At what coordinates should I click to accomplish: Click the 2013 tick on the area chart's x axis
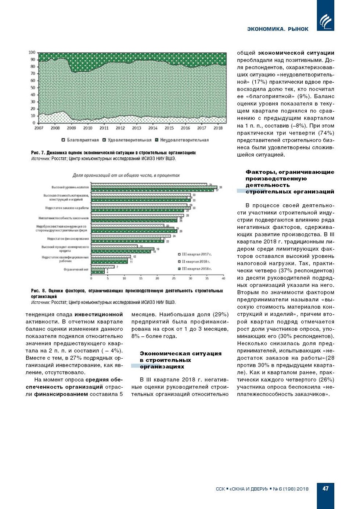[137, 128]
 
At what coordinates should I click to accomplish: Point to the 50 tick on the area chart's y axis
[33, 88]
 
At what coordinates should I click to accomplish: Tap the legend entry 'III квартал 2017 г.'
[197, 254]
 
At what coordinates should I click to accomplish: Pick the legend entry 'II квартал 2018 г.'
[196, 262]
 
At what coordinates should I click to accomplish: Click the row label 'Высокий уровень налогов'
[70, 187]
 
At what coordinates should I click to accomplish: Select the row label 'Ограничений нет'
[76, 269]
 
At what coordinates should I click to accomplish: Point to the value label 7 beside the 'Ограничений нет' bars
[117, 267]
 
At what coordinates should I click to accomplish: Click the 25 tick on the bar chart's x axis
[174, 279]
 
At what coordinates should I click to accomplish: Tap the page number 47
[325, 488]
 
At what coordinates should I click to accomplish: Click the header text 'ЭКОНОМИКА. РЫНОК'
[278, 29]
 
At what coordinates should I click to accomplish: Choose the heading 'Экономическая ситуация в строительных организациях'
[180, 360]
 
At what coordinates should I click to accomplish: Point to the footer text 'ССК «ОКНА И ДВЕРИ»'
[242, 489]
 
